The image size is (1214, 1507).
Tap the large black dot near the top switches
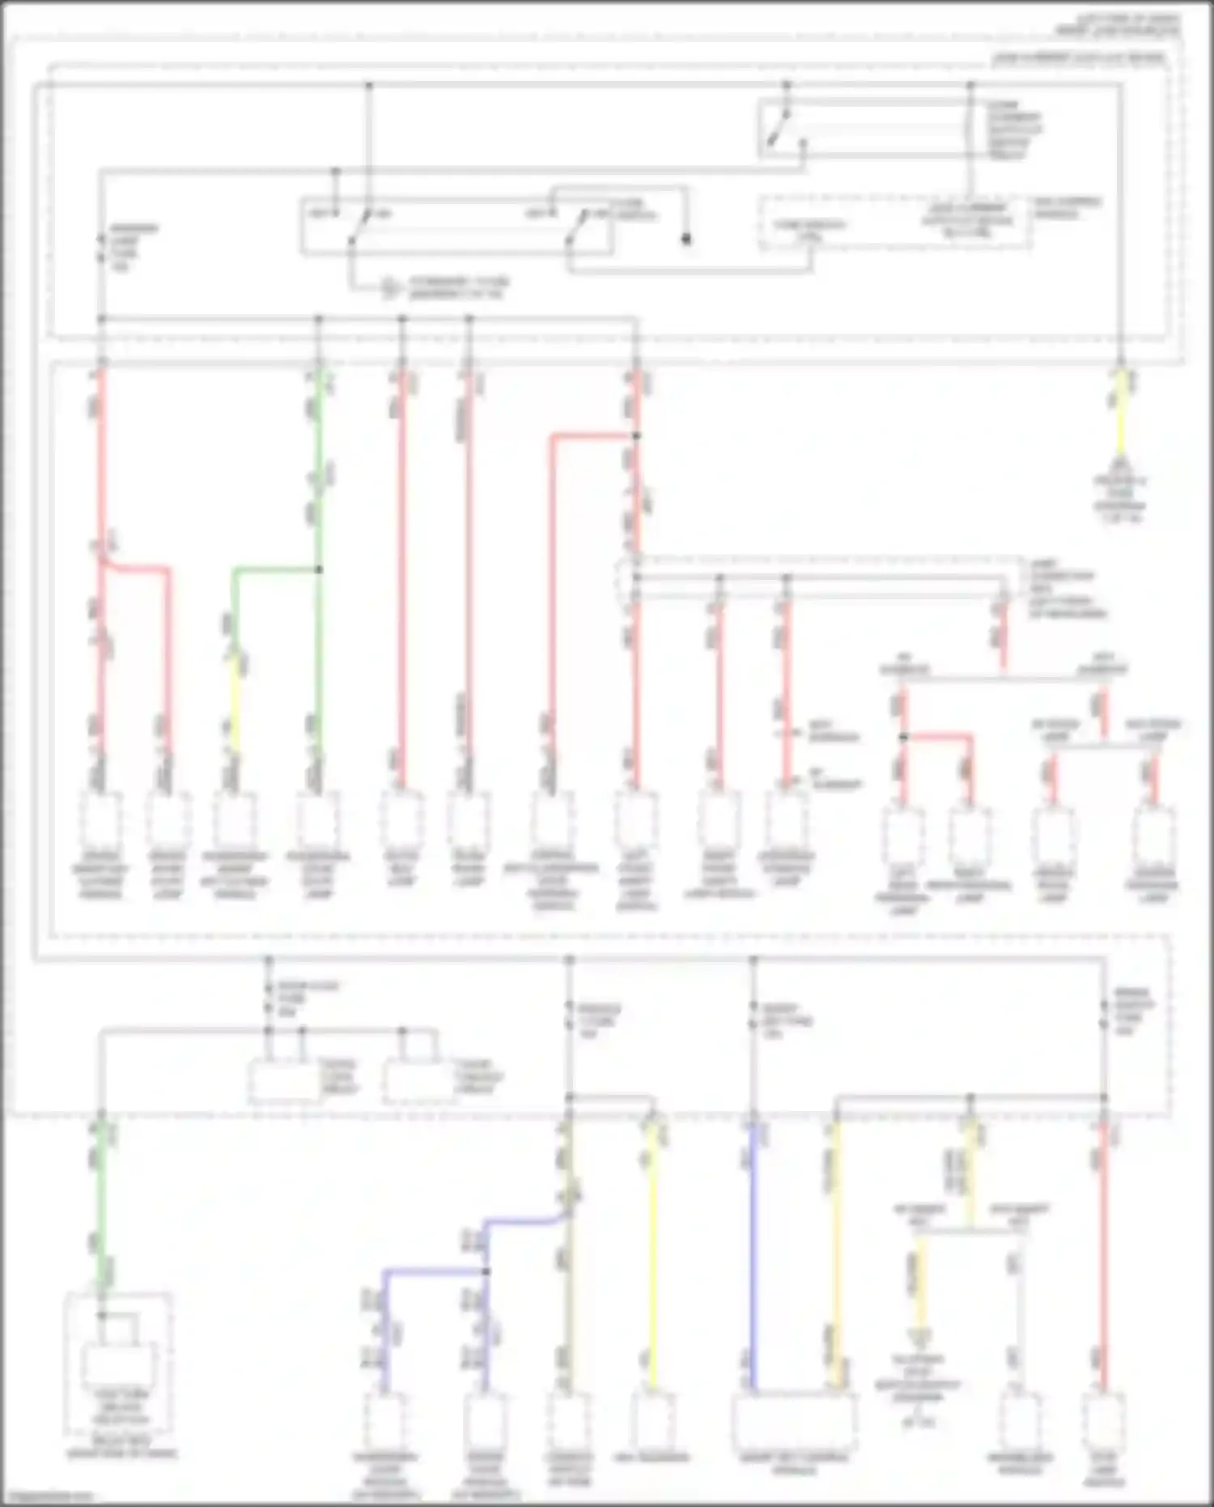coord(686,240)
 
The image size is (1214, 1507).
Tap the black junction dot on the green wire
coord(319,570)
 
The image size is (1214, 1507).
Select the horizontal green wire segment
coord(275,570)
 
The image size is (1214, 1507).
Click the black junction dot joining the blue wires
coord(486,1271)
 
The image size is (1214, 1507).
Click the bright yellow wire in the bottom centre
coord(652,1255)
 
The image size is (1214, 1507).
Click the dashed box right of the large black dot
coord(894,223)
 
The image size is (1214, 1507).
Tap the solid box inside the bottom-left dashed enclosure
coord(120,1369)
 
